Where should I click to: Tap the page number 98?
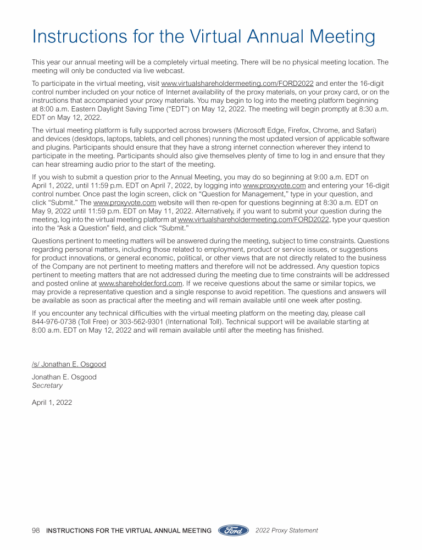pos(36,531)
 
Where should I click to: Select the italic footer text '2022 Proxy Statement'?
pos(287,531)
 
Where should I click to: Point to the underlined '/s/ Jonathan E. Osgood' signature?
pos(69,365)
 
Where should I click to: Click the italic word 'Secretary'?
pos(47,386)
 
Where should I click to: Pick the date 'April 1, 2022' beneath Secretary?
pos(52,402)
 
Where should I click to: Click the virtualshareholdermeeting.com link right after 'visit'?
pos(237,84)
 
